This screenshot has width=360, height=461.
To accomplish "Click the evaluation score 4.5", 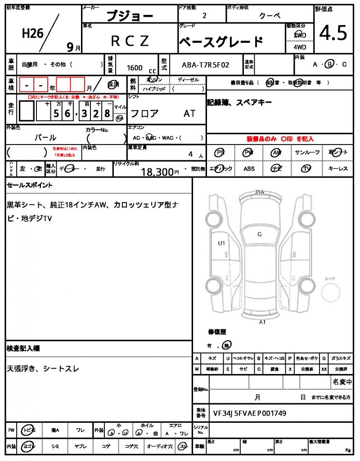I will (x=333, y=33).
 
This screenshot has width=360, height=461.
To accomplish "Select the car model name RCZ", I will (x=130, y=41).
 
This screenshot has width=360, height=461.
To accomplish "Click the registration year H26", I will (x=32, y=33).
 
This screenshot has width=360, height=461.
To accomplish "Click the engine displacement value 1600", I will (x=135, y=68).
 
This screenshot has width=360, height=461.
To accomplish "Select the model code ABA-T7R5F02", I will (x=205, y=65).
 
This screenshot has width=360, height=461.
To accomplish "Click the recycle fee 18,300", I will (x=157, y=172).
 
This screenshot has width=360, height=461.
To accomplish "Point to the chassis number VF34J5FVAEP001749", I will (x=249, y=412).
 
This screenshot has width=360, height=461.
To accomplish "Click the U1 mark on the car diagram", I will (x=221, y=243).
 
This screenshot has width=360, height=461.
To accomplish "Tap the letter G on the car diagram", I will (x=260, y=234).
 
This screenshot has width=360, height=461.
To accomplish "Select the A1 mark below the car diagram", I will (x=262, y=322).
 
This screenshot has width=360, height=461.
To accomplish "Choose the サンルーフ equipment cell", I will (x=307, y=153).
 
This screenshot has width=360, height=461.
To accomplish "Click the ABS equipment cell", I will (x=249, y=169).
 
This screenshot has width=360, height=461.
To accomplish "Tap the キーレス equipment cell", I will (x=338, y=169).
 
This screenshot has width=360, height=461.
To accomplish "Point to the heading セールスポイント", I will (x=30, y=185).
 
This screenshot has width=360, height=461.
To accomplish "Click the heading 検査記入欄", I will (x=23, y=348).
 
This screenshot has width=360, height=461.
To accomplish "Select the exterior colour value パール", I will (x=45, y=137).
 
